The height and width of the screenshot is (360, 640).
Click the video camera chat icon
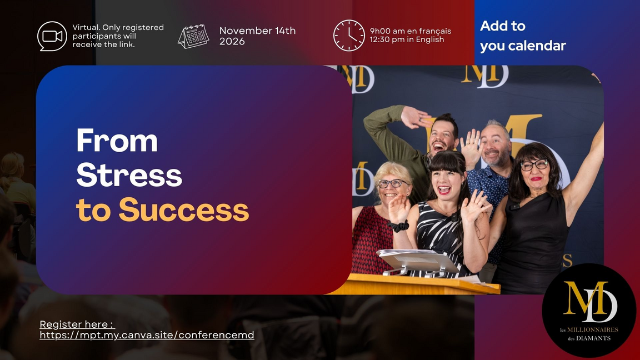[x=52, y=36]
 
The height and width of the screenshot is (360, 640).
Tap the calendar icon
[x=193, y=36]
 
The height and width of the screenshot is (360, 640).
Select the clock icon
[x=349, y=36]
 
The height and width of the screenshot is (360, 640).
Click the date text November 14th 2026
[x=257, y=36]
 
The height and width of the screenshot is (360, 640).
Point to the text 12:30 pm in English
[x=407, y=40]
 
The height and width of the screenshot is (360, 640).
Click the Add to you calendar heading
[x=522, y=36]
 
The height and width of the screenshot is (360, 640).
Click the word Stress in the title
[x=129, y=175]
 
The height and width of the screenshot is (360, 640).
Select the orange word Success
[x=184, y=210]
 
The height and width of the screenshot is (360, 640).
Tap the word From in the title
[x=117, y=141]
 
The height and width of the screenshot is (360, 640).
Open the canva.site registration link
[x=147, y=335]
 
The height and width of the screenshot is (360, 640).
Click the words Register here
[x=77, y=324]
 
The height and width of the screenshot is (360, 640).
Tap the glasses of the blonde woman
[x=392, y=183]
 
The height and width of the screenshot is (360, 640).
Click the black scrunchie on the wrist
[x=399, y=226]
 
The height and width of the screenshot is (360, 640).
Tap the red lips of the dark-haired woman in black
[x=536, y=178]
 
